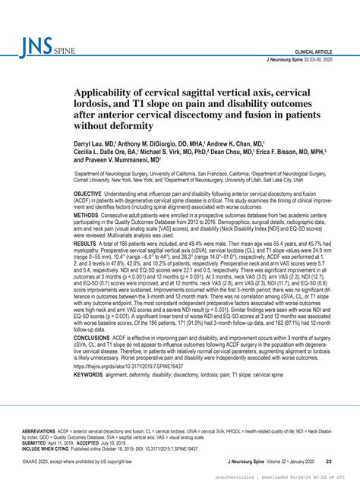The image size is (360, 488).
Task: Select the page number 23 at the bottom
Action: point(327,461)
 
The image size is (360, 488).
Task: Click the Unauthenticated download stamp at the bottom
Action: point(294,479)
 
